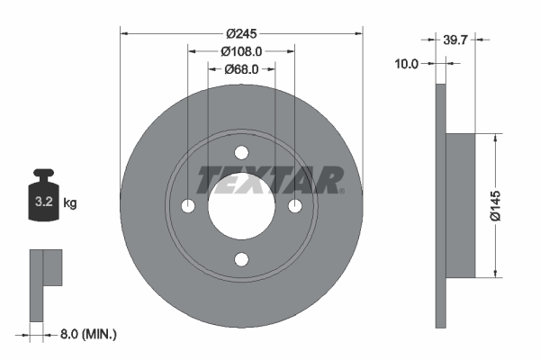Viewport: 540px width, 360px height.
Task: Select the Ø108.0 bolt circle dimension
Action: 241,51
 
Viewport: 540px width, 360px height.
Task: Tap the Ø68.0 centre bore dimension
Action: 241,68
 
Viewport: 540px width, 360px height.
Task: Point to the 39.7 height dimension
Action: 455,39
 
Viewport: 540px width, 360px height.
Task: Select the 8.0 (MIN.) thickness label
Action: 88,334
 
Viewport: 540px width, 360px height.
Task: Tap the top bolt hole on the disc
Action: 241,153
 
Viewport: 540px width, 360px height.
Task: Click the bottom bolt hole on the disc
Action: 241,260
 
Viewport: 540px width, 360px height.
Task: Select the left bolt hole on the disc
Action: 187,207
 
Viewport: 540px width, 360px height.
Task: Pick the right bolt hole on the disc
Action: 294,207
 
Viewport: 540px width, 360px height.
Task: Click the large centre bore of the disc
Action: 241,207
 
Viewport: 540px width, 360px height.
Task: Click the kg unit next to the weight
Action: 70,202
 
